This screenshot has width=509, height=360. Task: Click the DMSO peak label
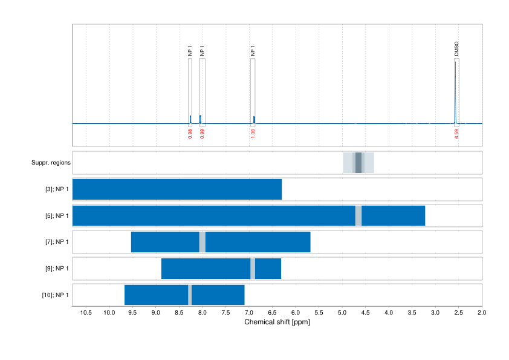[456, 49]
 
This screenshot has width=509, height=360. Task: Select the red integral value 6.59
[457, 134]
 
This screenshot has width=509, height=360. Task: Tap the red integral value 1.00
[253, 133]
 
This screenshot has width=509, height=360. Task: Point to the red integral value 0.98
[190, 133]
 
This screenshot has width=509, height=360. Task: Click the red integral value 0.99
[202, 133]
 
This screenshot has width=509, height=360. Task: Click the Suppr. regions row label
[51, 163]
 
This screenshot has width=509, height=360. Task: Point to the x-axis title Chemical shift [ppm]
[277, 322]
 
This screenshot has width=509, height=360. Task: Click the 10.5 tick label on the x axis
[86, 313]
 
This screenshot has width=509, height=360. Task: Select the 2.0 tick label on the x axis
[481, 313]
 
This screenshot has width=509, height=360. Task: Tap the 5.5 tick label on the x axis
[319, 313]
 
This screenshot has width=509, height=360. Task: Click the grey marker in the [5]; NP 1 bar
[358, 215]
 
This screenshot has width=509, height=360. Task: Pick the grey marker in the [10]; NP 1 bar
[190, 295]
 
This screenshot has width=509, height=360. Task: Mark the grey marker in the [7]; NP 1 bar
[202, 242]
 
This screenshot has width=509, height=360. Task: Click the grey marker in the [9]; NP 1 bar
[253, 268]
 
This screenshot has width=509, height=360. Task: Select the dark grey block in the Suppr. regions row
[358, 163]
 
